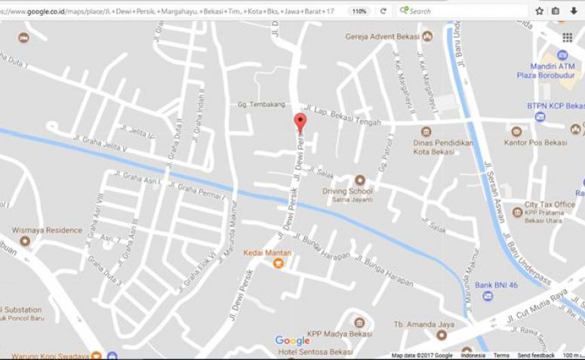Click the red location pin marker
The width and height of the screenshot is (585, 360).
click(300, 122)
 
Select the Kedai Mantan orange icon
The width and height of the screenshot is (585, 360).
click(278, 263)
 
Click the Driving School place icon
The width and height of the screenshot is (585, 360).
click(359, 180)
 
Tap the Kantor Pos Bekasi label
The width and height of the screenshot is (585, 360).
click(543, 143)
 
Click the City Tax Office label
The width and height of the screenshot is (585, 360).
click(550, 205)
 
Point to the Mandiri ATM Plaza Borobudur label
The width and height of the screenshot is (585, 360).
click(547, 70)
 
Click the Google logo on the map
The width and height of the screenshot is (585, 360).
click(292, 340)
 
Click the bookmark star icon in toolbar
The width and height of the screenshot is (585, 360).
click(540, 11)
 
